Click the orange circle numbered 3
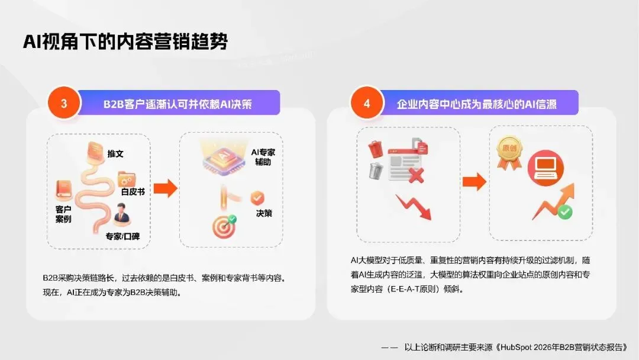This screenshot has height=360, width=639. (63, 103)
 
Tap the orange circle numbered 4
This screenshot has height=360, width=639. (366, 103)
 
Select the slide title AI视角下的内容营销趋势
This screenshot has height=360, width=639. (125, 42)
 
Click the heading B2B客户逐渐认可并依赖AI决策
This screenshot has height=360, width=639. (177, 104)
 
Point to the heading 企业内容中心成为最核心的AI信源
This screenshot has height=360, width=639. (477, 104)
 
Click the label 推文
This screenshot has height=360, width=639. (115, 153)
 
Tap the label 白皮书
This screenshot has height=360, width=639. (133, 192)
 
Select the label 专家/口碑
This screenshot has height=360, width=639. (122, 237)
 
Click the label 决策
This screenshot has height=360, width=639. (264, 213)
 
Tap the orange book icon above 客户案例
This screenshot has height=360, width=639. (64, 189)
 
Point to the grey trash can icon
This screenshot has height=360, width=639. (375, 170)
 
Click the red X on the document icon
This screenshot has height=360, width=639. (417, 174)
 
